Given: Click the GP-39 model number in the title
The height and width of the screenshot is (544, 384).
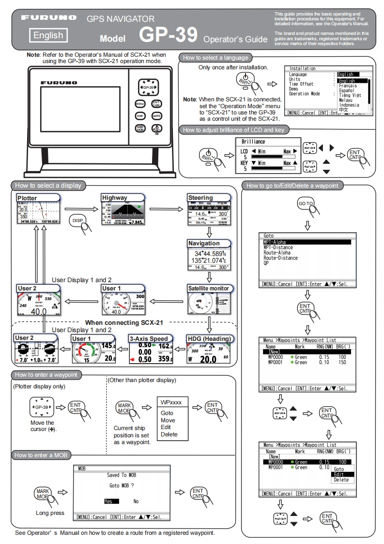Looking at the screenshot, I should coord(169,34).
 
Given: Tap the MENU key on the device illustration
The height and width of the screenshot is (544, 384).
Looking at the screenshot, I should coord(140,104).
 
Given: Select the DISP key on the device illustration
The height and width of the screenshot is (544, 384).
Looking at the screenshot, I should coord(140,116).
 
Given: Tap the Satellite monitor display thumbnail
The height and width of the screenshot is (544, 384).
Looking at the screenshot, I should coord(209,303).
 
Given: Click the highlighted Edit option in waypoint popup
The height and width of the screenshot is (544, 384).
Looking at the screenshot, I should coord(338,474).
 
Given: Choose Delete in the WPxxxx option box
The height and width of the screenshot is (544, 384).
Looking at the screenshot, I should coord(169,434).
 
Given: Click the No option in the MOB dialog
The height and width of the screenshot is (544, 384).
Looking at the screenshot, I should coord(136,502).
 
